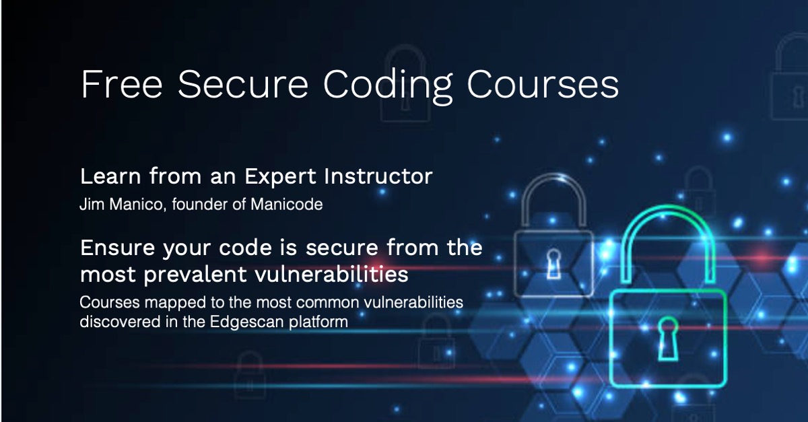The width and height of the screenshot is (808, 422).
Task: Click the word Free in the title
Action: [x=122, y=84]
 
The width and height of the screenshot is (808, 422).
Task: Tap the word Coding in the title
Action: [x=388, y=87]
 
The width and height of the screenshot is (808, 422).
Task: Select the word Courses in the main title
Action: [x=543, y=84]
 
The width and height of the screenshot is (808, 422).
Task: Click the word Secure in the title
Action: [x=243, y=84]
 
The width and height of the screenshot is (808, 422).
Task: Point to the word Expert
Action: [x=281, y=177]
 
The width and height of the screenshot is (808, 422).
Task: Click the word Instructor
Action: [x=378, y=176]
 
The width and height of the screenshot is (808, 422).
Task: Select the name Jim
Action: [x=92, y=204]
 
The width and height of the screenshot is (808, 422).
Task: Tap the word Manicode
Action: [x=286, y=204]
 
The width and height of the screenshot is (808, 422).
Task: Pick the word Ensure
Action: [x=118, y=248]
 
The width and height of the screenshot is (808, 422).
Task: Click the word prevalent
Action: [x=195, y=275]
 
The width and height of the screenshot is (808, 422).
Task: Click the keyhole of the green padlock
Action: [x=668, y=339]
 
